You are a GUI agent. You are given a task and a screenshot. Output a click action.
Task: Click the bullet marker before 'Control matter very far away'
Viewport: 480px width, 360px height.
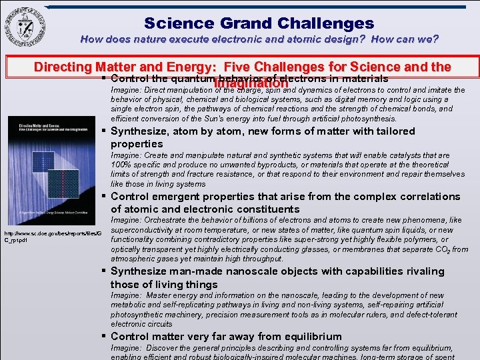pyautogui.click(x=105, y=337)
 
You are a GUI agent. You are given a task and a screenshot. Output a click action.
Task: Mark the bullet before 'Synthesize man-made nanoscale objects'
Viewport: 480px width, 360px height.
pyautogui.click(x=105, y=271)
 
